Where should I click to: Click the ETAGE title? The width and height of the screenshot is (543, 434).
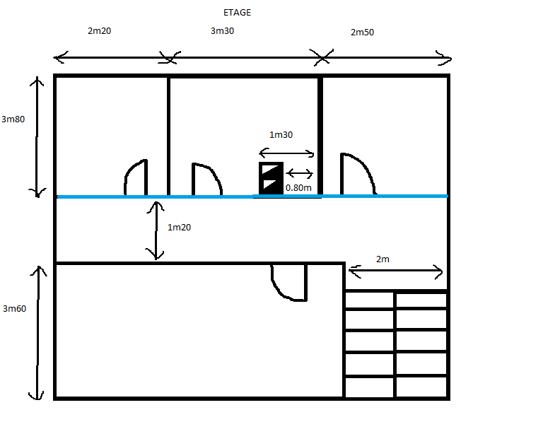[236, 13]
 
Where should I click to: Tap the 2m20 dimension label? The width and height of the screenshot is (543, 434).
[99, 31]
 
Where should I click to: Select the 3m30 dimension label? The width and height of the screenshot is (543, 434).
[223, 31]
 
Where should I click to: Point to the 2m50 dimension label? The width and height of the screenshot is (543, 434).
[362, 33]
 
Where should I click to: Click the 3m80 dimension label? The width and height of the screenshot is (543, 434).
[13, 119]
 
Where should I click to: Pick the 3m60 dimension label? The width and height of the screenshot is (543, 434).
[14, 308]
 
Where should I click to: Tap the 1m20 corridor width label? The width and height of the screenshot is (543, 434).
[180, 228]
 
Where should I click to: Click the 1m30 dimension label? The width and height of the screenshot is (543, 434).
[281, 135]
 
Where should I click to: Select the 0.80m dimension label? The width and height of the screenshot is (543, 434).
[298, 188]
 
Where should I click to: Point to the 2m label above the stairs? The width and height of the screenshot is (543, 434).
[383, 259]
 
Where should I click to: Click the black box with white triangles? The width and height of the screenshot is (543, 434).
[271, 177]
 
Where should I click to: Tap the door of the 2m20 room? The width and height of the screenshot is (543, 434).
[136, 177]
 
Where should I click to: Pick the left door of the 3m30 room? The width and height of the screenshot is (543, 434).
[206, 180]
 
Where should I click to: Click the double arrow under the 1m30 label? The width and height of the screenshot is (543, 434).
[286, 153]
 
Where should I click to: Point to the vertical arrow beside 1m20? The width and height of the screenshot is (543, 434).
[157, 230]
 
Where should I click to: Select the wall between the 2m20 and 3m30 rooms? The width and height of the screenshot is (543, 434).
[168, 134]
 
